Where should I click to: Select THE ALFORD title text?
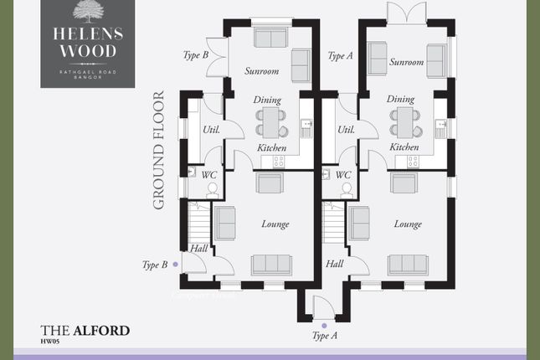pyautogui.click(x=85, y=330)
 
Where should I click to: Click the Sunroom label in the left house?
pyautogui.click(x=261, y=71)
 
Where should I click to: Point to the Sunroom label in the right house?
pyautogui.click(x=407, y=62)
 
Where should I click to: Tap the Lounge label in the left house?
pyautogui.click(x=275, y=224)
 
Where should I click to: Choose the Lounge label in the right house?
pyautogui.click(x=408, y=224)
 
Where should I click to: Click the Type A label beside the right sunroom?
pyautogui.click(x=340, y=56)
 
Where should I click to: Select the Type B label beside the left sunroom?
pyautogui.click(x=196, y=55)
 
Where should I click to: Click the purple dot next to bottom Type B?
pyautogui.click(x=174, y=265)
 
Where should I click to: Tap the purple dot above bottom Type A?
pyautogui.click(x=324, y=324)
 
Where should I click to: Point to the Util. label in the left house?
pyautogui.click(x=210, y=130)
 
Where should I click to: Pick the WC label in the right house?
pyautogui.click(x=342, y=175)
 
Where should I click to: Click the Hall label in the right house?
pyautogui.click(x=334, y=264)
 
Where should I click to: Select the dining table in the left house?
pyautogui.click(x=270, y=122)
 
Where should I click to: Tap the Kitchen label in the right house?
pyautogui.click(x=404, y=147)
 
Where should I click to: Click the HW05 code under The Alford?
pyautogui.click(x=51, y=341)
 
